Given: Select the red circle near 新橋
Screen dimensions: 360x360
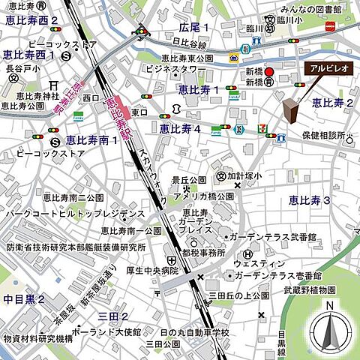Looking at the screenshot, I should pos(271,73).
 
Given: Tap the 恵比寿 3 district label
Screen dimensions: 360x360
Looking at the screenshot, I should pos(310,199).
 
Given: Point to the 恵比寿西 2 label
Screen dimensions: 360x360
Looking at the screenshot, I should pos(29,20).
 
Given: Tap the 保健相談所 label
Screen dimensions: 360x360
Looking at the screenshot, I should pos(324,136).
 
